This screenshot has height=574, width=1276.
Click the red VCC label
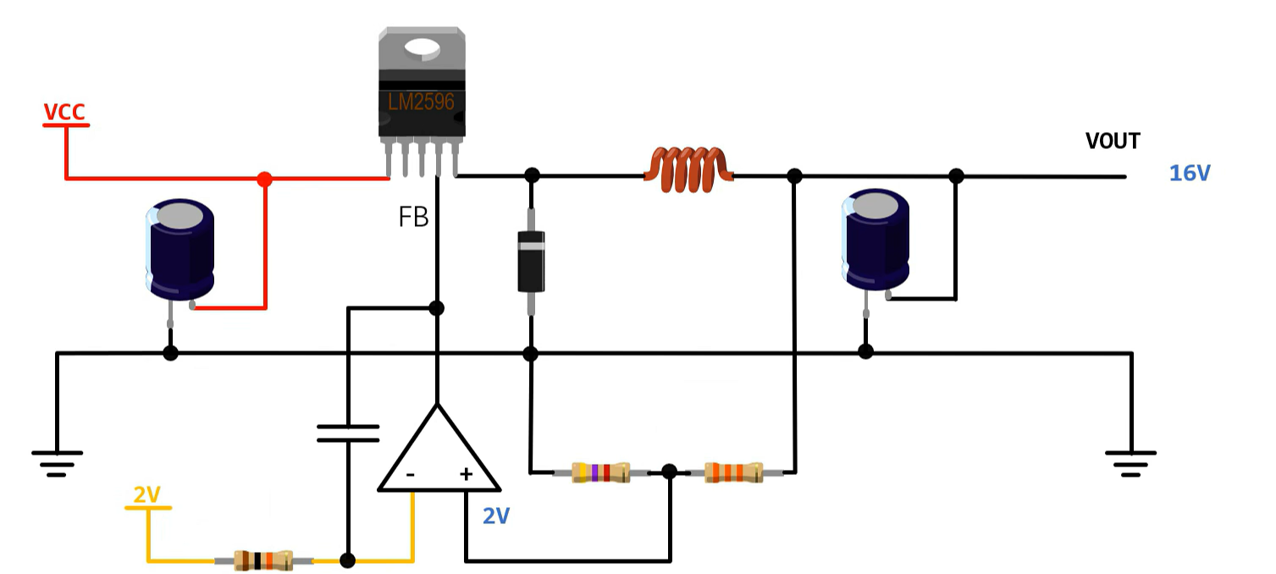point(64,112)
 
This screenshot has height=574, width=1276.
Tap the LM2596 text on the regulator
point(421,102)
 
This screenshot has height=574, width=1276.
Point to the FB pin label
point(413,218)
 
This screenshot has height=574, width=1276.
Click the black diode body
point(531,261)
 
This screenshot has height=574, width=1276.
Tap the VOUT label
point(1113,141)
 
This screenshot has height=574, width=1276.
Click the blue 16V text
point(1190,174)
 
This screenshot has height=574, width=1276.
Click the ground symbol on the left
point(57,461)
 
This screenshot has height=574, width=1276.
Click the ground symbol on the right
point(1130,461)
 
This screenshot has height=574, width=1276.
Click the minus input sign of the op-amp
point(411,475)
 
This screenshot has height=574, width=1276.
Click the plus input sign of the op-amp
point(465,474)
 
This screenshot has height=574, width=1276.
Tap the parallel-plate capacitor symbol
point(348,434)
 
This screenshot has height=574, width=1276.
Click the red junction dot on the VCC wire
point(265,179)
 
